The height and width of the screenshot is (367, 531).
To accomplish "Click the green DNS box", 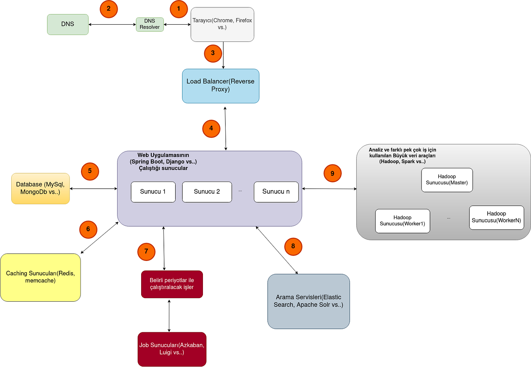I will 68,24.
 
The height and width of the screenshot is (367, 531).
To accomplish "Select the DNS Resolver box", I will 150,24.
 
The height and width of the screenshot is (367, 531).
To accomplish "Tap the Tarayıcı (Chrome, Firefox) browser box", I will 222,24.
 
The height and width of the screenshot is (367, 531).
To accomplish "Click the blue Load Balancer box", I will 221,86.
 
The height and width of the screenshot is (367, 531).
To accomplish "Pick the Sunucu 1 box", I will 153,192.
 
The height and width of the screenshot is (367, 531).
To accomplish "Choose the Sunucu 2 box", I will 207,192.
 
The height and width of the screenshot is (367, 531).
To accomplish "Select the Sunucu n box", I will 276,192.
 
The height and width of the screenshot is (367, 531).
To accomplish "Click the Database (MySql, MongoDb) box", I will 40,188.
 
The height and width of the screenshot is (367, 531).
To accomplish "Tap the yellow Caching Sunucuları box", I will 40,277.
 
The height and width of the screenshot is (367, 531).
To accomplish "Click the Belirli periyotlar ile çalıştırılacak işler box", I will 172,284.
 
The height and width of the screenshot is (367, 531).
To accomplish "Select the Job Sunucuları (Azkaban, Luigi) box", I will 172,349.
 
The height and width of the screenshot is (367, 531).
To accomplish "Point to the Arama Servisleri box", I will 309,301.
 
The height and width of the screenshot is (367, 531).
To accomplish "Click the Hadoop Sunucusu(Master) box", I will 447,180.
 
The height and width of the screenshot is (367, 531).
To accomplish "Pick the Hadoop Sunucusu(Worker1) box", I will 402,221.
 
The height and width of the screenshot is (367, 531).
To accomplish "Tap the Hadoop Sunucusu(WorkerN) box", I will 496,218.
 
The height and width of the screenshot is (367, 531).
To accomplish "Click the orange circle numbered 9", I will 332,173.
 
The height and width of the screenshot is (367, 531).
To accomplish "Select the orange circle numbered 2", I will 109,9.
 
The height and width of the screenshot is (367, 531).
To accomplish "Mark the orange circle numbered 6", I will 88,229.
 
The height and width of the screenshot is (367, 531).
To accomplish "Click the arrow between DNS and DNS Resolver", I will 112,24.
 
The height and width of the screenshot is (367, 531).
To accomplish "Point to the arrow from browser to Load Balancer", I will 223,55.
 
